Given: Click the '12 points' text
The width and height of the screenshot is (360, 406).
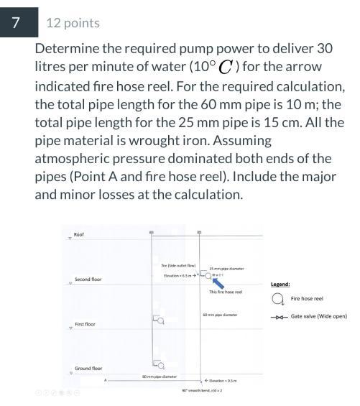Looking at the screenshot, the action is point(73,22).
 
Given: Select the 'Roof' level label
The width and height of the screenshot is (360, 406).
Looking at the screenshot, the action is point(79,234).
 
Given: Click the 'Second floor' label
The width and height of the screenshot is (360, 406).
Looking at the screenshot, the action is point(88,279).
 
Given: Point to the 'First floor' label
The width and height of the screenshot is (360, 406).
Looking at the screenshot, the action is point(86,324).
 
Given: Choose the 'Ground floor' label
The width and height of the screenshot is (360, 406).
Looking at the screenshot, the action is point(88,368).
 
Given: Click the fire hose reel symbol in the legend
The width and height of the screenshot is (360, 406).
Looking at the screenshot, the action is point(277,299).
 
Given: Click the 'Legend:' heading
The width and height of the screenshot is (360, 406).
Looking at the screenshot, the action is point(280,284).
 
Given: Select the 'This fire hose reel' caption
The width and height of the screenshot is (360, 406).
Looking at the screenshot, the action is point(225,292).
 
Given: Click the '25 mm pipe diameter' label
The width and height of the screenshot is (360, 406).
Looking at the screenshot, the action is point(226,269).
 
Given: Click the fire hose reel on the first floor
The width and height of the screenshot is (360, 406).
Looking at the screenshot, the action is point(159,320).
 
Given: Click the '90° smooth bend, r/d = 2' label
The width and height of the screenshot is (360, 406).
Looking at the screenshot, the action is point(201,390).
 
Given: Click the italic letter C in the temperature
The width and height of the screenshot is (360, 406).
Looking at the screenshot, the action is point(226,68).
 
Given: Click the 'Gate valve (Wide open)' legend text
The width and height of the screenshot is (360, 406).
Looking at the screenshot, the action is point(318,316).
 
